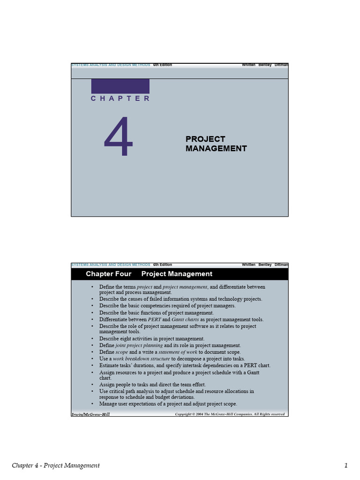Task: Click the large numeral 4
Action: tap(119, 137)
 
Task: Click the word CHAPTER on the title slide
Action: tap(120, 98)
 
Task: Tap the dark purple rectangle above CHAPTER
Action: tap(120, 86)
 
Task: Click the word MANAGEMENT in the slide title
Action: tap(216, 149)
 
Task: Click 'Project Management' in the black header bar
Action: tap(177, 274)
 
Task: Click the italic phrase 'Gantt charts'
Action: tap(182, 319)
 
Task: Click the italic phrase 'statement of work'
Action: tap(178, 352)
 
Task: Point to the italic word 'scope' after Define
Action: tap(122, 352)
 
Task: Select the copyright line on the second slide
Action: tap(230, 414)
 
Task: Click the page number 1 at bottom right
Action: tap(346, 465)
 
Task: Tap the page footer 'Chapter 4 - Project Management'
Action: tap(56, 465)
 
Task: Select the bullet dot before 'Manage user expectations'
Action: tap(93, 404)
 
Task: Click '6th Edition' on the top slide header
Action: tap(162, 65)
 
